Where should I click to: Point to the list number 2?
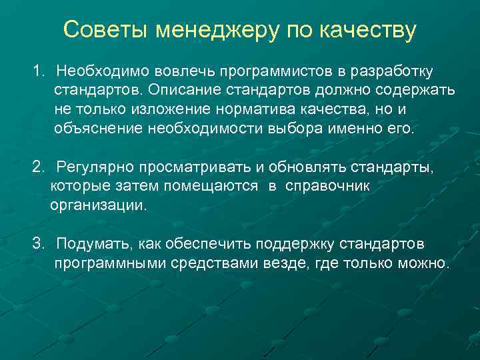pos(38,167)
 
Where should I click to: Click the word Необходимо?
pos(96,71)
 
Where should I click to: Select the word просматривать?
pos(174,167)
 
